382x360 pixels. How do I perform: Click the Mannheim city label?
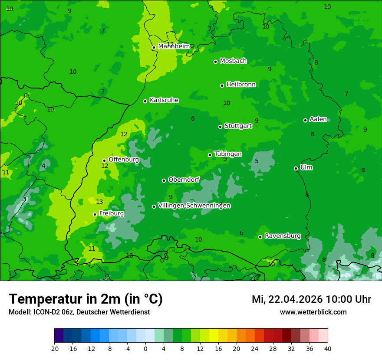tap(174, 46)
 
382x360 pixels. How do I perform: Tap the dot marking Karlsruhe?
tap(145, 101)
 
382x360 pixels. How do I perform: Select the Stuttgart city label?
tap(238, 126)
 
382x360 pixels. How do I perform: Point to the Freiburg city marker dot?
tap(95, 214)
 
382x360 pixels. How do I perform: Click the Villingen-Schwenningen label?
tap(194, 206)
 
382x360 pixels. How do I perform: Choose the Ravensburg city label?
tap(282, 236)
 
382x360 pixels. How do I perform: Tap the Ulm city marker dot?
tap(296, 168)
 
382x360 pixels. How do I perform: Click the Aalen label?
tap(318, 119)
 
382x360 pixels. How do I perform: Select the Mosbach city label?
tap(233, 61)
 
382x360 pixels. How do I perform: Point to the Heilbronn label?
tap(241, 85)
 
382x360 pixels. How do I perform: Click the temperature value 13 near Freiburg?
tap(99, 202)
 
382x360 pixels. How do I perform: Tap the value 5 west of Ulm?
tap(257, 161)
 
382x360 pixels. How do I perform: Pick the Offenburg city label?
tap(123, 160)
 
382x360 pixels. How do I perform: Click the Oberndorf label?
tap(184, 180)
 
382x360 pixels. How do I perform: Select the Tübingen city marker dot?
tap(210, 155)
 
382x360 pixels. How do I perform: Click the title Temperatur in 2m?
tap(86, 299)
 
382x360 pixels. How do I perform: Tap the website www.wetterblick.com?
tap(313, 312)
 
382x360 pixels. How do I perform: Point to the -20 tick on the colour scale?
tap(54, 348)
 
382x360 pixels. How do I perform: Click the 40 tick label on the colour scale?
tap(328, 348)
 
